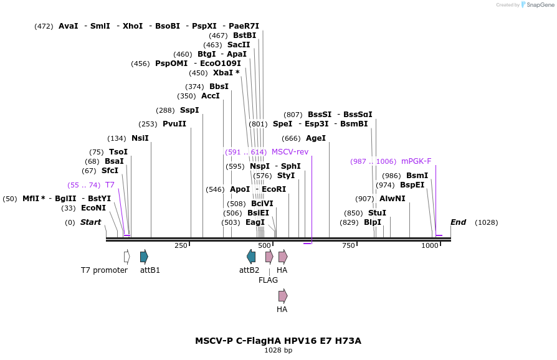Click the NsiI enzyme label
click(x=140, y=138)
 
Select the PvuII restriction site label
click(x=174, y=124)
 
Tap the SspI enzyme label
click(x=189, y=110)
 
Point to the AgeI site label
click(x=316, y=138)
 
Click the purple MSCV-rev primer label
click(x=290, y=152)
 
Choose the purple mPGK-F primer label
click(x=416, y=161)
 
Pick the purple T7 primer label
click(x=110, y=185)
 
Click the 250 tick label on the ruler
click(x=181, y=246)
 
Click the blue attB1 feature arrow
click(x=144, y=256)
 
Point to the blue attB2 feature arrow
click(x=251, y=256)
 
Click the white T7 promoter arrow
click(x=127, y=256)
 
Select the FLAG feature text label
click(x=268, y=280)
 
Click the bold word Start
click(x=90, y=222)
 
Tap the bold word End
click(x=458, y=222)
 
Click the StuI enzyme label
click(x=377, y=213)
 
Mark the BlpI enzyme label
click(x=373, y=222)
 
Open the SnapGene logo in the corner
click(x=535, y=5)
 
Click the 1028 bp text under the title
click(x=278, y=351)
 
